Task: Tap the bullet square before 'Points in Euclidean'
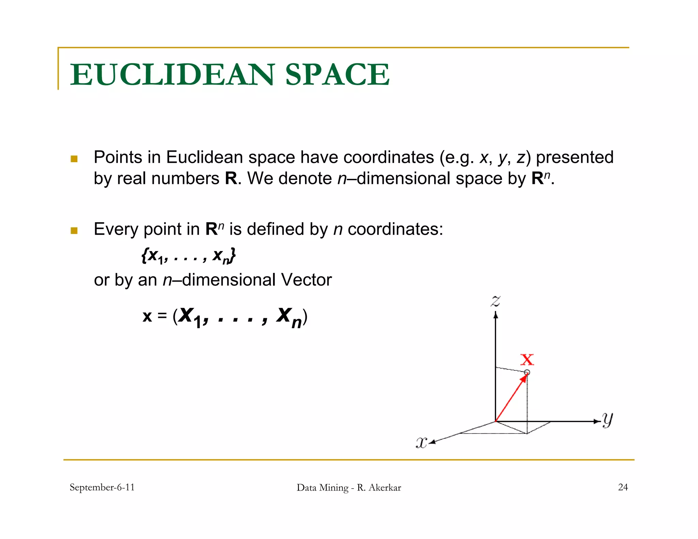pos(74,159)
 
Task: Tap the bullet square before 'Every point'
pos(74,231)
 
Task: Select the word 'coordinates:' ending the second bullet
pos(395,229)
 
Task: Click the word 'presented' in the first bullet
pos(575,157)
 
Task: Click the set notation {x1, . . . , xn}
pos(188,256)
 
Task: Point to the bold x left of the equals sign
pos(147,316)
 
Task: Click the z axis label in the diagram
pos(496,301)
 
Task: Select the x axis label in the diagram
pos(421,443)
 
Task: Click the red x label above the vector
pos(527,359)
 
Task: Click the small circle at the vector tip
pos(527,372)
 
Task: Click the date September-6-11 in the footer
pos(102,487)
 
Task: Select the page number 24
pos(623,487)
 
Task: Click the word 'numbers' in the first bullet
pos(185,179)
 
